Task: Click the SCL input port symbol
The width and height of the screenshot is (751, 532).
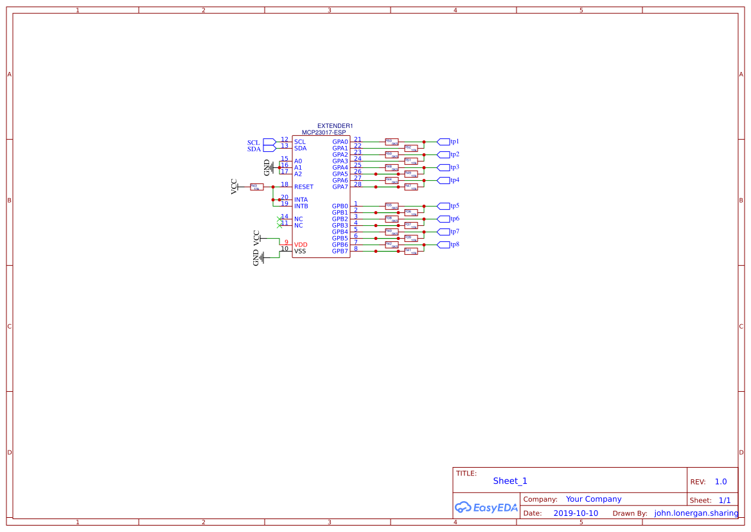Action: tap(270, 142)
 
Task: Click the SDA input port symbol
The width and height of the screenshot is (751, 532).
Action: tap(270, 149)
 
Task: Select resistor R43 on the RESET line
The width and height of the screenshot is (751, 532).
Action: tap(256, 187)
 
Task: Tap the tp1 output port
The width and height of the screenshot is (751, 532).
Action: tap(443, 142)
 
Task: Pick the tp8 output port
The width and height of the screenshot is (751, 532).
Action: tap(443, 244)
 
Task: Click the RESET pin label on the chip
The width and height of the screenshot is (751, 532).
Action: tap(304, 187)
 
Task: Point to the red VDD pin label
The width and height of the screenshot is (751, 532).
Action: tap(301, 245)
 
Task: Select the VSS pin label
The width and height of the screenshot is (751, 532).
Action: tap(300, 252)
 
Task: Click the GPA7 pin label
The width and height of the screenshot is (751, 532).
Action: tap(340, 187)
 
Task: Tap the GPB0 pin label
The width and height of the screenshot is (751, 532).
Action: tap(340, 206)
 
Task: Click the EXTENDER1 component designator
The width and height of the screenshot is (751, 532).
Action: tap(335, 126)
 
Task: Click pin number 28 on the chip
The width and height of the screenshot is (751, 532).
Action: tap(358, 185)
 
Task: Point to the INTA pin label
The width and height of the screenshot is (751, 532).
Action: tap(301, 200)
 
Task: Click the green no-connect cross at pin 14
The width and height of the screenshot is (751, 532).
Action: tap(279, 219)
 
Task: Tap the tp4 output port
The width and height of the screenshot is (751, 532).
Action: tap(443, 180)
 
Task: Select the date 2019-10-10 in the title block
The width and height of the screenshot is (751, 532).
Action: tap(575, 513)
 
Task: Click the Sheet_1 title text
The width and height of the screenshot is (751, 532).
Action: tap(510, 481)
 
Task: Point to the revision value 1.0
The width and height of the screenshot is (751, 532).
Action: tap(721, 482)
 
